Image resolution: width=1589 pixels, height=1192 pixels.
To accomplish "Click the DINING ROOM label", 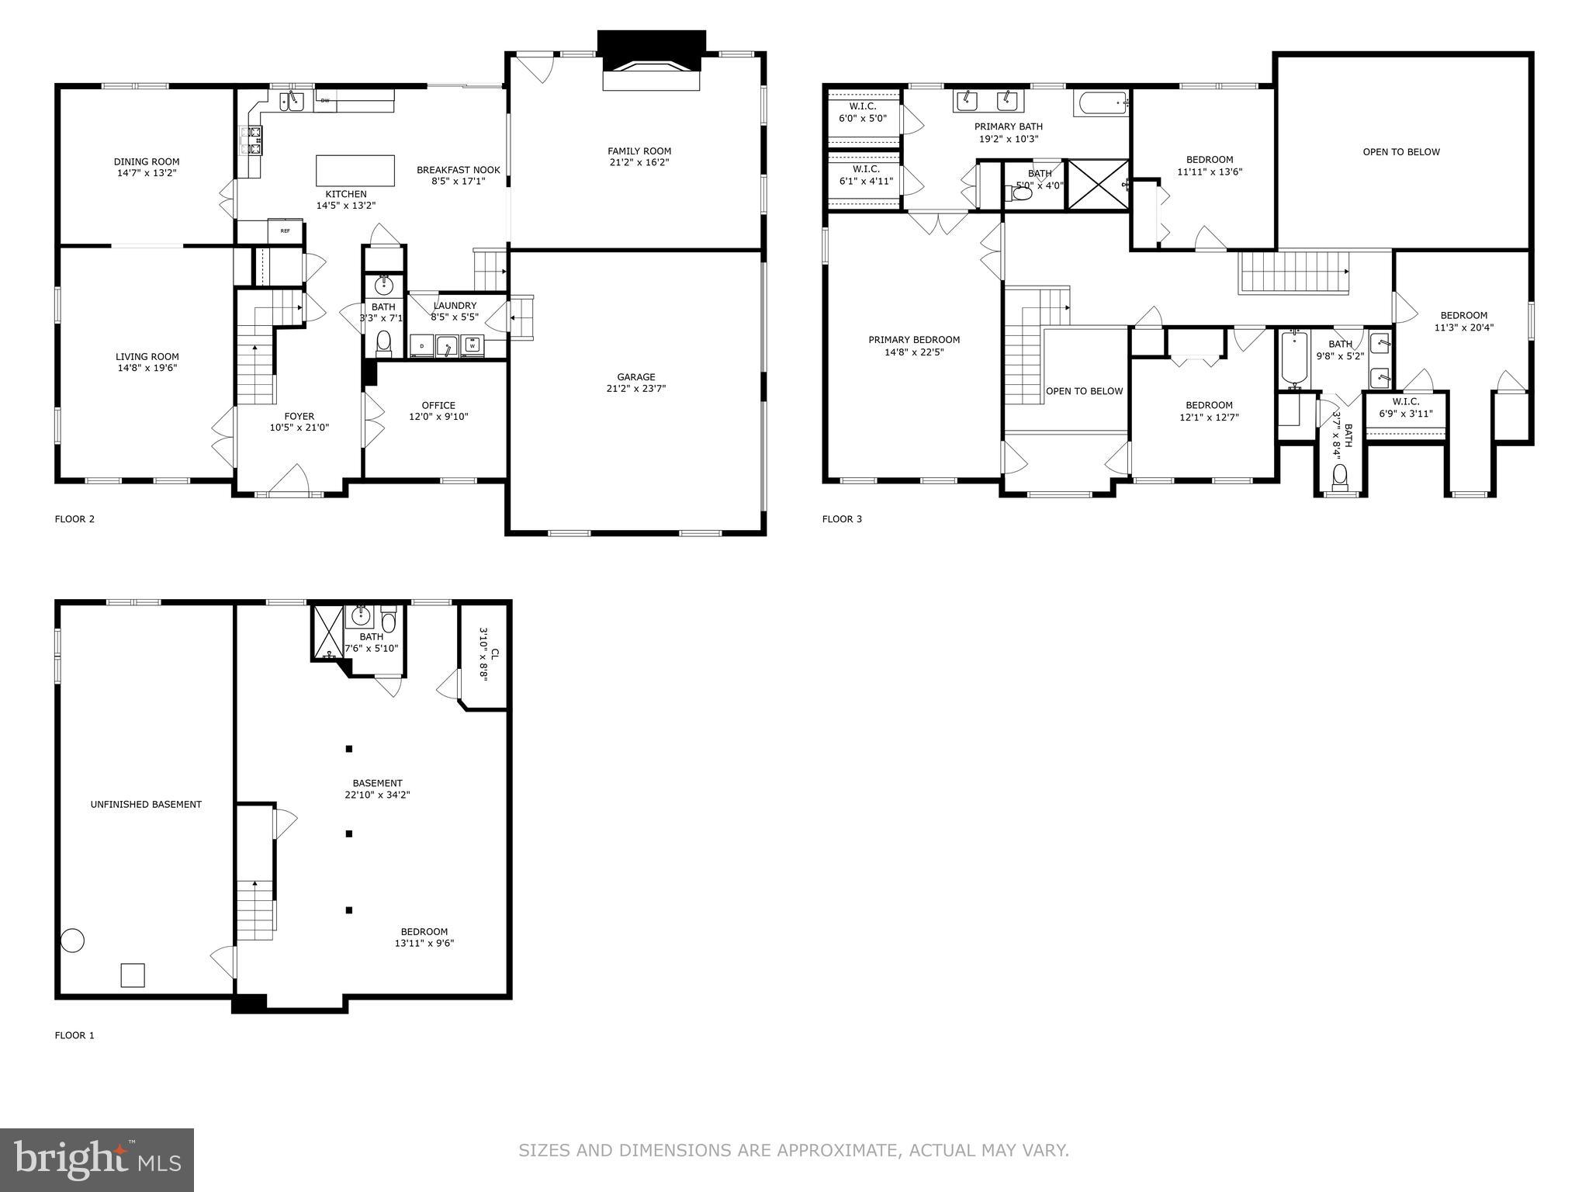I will (x=147, y=162).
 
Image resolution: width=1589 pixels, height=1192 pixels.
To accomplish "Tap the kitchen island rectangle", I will (x=355, y=170).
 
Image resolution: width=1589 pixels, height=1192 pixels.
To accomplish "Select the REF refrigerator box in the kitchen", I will (x=285, y=230).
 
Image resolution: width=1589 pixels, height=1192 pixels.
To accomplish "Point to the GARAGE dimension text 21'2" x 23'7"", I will (x=636, y=389).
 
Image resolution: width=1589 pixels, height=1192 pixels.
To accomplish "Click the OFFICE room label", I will (x=438, y=405).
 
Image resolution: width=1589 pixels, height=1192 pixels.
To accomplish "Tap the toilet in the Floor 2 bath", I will (x=383, y=341).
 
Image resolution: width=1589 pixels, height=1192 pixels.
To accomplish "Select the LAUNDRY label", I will (x=455, y=306).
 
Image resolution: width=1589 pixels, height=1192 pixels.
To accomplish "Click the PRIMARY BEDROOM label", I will (x=914, y=340).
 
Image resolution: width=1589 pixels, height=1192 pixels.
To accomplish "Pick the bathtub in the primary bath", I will (x=1100, y=103).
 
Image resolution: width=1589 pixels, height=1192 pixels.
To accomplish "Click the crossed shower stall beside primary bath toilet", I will (x=1097, y=184).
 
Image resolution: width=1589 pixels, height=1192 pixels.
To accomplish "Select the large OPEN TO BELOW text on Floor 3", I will (x=1401, y=152).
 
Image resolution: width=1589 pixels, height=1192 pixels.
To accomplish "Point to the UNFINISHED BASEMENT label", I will (x=146, y=805).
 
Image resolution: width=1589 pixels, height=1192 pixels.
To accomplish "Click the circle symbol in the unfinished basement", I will (x=73, y=941).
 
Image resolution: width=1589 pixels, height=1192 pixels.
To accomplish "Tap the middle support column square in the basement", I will (x=349, y=833).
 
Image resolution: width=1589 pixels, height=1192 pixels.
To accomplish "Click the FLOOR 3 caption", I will (x=842, y=519).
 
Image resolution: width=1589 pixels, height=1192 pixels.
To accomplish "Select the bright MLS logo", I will (x=97, y=1159).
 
